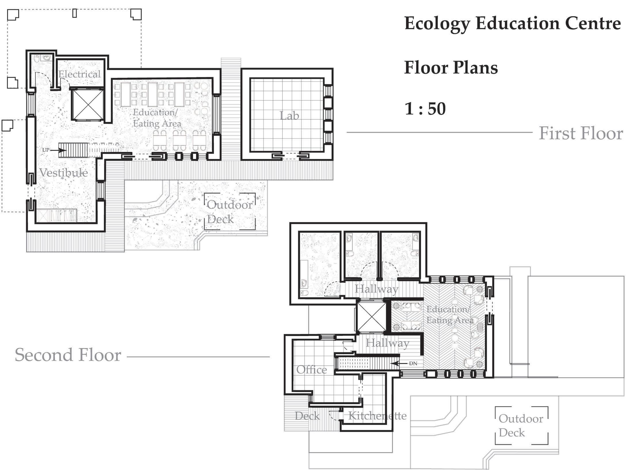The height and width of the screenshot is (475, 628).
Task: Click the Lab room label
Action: coord(289,116)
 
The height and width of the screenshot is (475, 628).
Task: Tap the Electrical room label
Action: coord(79,74)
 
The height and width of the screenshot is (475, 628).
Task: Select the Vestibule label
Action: coord(64,172)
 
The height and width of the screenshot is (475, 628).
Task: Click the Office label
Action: coord(312,370)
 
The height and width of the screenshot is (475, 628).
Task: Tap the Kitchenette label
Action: coord(377,416)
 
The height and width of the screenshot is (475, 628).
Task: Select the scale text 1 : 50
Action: coord(425,109)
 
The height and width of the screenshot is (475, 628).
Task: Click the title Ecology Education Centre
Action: coord(512,24)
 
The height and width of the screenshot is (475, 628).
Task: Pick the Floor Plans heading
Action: coord(451,68)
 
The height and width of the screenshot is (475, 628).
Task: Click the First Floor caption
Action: coord(581,133)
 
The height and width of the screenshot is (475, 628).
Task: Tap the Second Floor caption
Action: coord(68,355)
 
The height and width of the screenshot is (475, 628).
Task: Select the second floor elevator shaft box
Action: coord(371,317)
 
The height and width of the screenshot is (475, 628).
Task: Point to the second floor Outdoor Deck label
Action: coord(521,425)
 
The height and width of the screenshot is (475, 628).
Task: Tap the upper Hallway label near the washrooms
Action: coord(376,289)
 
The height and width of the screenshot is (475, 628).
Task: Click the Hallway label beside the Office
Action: coord(387,343)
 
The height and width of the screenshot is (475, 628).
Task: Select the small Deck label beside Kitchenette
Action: coord(307,416)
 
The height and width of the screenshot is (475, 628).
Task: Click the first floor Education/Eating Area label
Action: coord(157,118)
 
